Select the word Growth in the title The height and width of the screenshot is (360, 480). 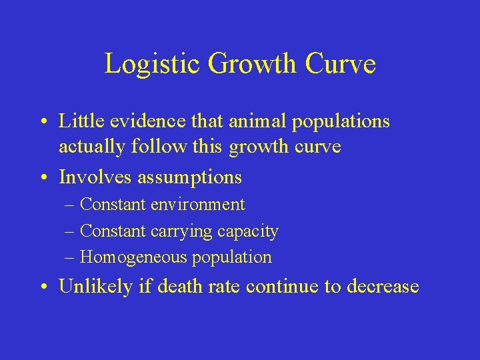coord(251,64)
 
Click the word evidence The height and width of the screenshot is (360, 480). coord(144,121)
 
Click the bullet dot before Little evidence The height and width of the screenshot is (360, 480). coord(43,123)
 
